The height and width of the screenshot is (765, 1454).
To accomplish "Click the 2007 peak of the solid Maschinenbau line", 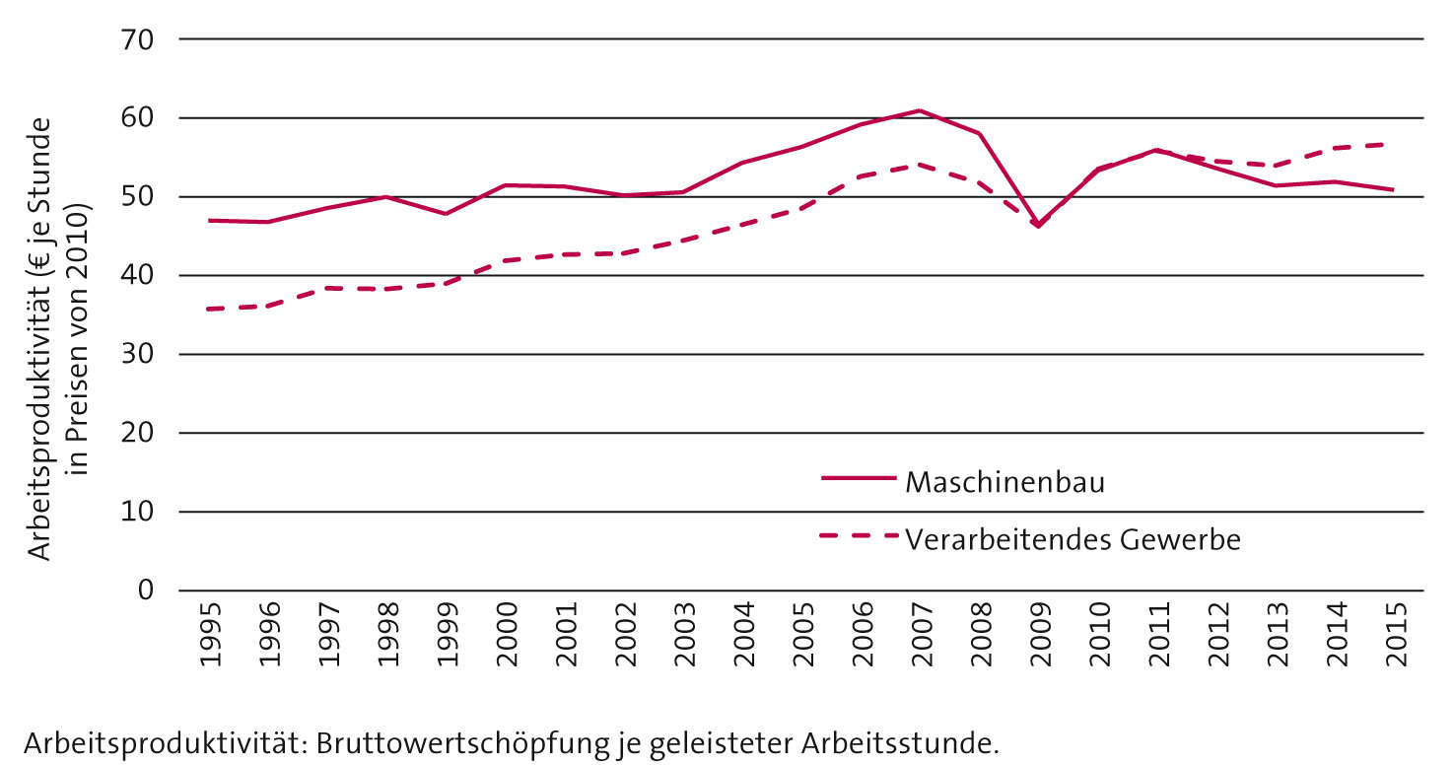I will click(919, 110).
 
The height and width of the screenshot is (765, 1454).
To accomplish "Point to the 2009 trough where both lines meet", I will click(1038, 226).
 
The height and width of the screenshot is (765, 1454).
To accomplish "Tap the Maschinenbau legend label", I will click(1004, 483).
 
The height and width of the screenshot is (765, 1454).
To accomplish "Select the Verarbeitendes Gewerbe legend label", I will click(1073, 540).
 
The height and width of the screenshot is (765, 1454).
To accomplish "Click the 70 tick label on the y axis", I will click(139, 40).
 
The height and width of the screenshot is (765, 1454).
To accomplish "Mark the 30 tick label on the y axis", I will click(139, 354).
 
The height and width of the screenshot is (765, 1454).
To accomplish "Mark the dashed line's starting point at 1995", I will click(206, 309).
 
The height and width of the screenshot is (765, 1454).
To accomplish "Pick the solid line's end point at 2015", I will click(1393, 189).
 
